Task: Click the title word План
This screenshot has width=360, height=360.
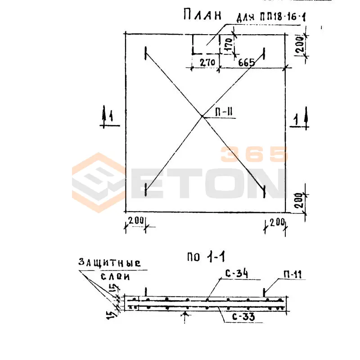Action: (x=202, y=15)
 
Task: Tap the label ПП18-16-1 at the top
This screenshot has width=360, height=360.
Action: (x=283, y=17)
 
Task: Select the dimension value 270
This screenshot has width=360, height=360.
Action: (x=207, y=63)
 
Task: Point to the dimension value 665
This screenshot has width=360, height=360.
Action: (x=247, y=63)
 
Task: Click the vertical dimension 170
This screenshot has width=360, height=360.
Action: (x=229, y=45)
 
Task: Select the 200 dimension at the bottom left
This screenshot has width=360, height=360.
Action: (x=136, y=220)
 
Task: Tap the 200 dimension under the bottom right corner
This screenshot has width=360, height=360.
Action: (x=277, y=222)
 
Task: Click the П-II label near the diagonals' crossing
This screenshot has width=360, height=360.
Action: (x=224, y=112)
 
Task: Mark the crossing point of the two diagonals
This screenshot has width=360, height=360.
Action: (x=202, y=117)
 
